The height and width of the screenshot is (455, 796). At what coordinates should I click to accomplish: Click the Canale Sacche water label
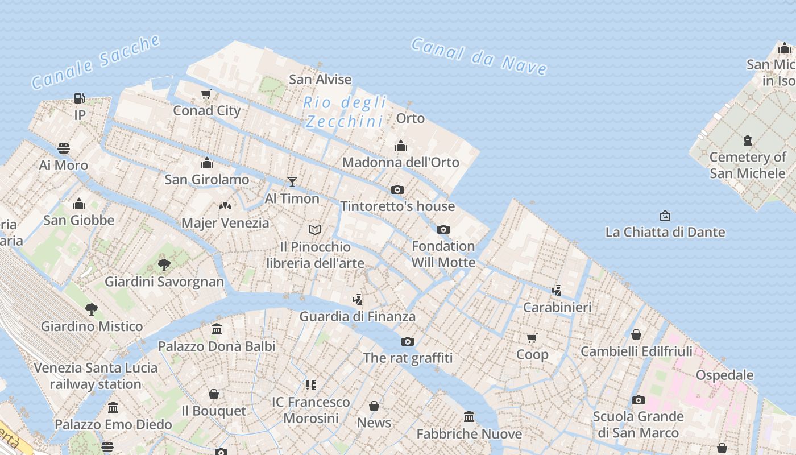coord(96,62)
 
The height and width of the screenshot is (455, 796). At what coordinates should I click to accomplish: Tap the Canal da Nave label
coord(479,56)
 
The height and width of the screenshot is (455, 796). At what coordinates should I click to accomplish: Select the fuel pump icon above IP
coord(80,98)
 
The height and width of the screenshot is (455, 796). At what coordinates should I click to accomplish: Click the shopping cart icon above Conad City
coord(206,94)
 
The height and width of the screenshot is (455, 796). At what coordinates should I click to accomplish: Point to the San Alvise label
coord(320,79)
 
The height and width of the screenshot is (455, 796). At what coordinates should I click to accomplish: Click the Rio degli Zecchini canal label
coord(345,112)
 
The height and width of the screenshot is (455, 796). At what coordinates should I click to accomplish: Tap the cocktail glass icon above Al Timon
coord(292,181)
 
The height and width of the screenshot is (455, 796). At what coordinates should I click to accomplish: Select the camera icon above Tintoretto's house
coord(397,189)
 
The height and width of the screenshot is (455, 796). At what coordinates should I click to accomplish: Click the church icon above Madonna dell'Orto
coord(401,146)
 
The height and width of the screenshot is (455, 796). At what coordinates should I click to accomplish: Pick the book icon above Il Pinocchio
coord(315,230)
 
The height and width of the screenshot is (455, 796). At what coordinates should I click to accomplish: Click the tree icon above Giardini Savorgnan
coord(164,264)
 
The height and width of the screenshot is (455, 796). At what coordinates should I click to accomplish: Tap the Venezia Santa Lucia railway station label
coord(96,375)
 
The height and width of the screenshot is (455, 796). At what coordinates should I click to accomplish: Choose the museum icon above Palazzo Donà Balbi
coord(217,329)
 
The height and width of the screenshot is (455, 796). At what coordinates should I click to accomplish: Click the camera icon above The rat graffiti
coord(408,341)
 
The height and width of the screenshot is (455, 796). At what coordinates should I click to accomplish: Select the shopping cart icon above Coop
coord(532,338)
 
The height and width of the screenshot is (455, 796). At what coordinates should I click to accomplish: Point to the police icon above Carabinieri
coord(557,290)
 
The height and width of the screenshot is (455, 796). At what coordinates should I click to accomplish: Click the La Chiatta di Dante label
coord(665,232)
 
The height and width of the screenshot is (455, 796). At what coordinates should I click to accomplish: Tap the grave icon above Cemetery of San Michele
coord(748,140)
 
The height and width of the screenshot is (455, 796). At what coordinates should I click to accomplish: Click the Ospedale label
coord(725,375)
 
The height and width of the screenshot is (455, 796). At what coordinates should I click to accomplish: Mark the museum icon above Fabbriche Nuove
coord(469,417)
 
